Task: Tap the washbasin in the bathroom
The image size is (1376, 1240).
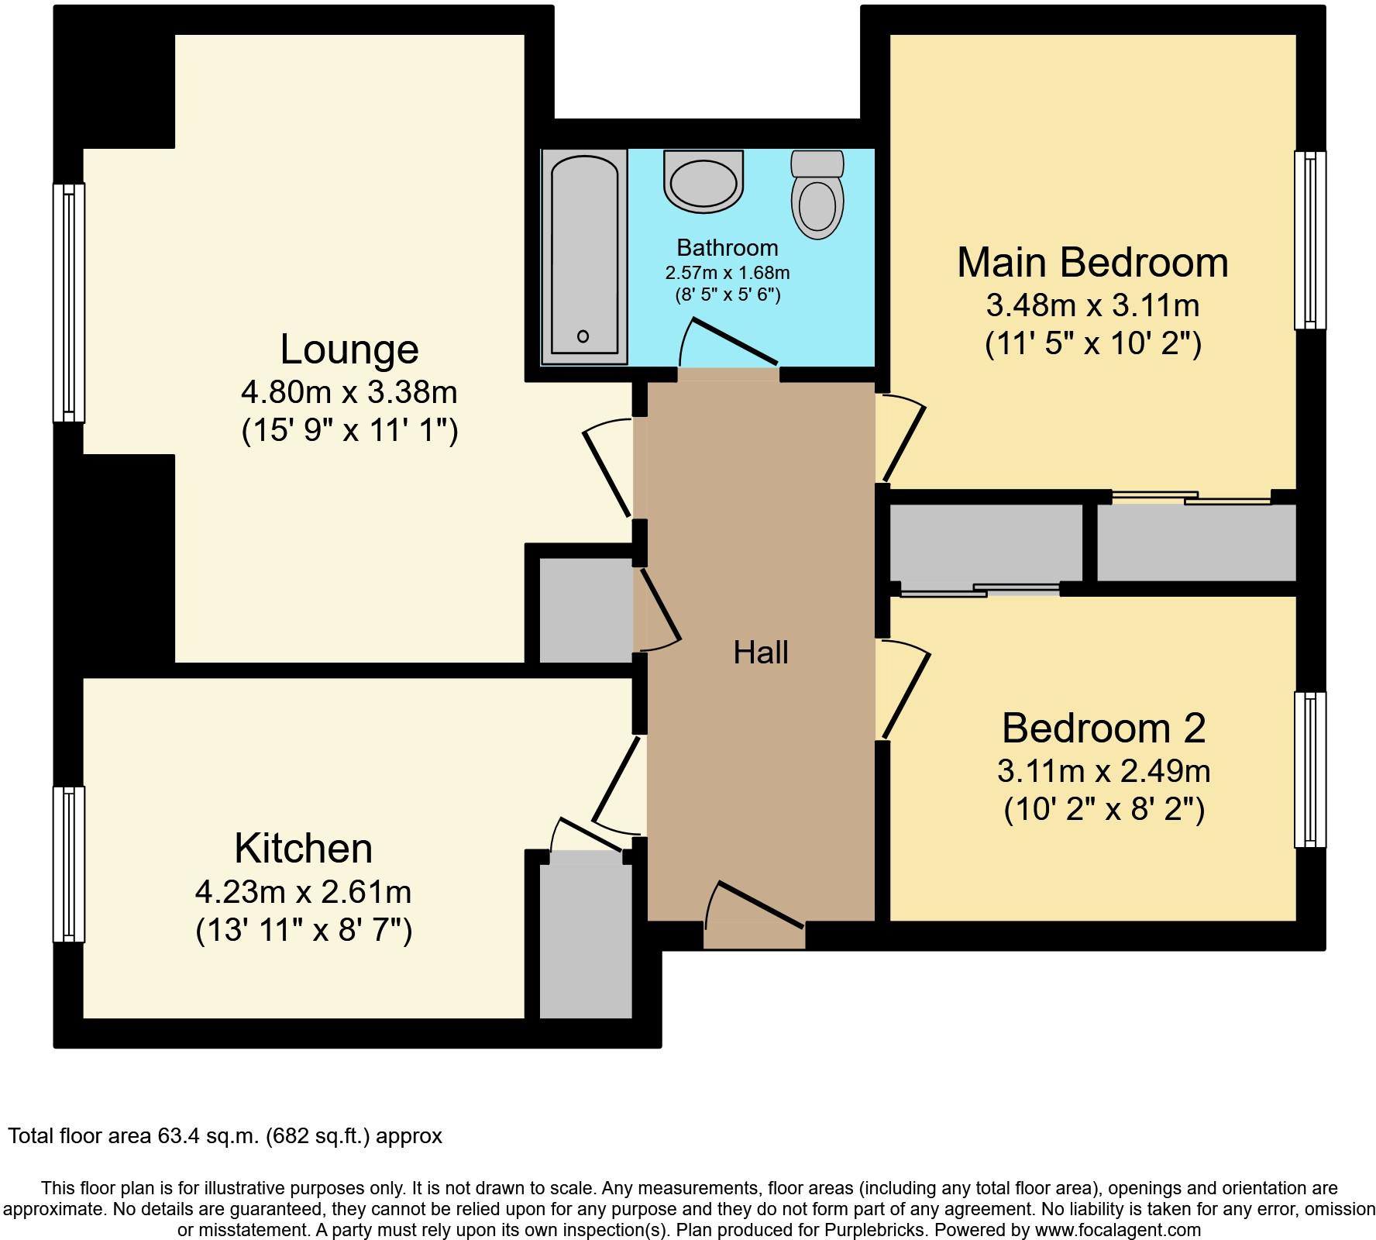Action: (703, 181)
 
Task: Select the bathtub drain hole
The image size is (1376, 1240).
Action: (583, 336)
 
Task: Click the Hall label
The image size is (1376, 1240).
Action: (761, 653)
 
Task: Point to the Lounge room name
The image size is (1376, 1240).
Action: (349, 349)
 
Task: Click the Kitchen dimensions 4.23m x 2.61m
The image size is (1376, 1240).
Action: (303, 892)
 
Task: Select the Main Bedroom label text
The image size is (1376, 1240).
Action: (1092, 262)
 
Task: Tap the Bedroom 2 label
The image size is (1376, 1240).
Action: (1104, 728)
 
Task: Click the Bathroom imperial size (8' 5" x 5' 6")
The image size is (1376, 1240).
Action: (727, 294)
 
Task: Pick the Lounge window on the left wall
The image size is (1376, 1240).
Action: (68, 302)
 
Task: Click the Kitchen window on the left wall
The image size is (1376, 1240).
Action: (68, 864)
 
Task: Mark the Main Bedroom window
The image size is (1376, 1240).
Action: (1310, 239)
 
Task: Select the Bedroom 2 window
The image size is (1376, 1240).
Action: (1310, 770)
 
